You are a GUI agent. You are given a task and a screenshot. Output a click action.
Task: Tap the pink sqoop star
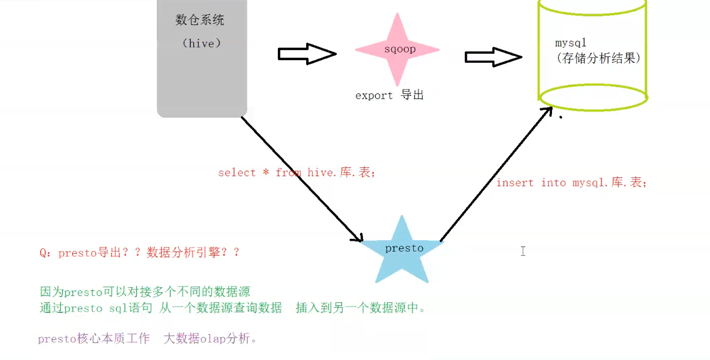(x=397, y=50)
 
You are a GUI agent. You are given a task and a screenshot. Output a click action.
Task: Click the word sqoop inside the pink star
(x=400, y=49)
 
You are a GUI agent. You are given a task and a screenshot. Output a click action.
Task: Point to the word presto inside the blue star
(x=404, y=248)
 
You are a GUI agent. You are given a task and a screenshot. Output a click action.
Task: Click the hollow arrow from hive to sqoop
(x=307, y=55)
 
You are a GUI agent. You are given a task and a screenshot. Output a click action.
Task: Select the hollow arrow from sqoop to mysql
(x=493, y=57)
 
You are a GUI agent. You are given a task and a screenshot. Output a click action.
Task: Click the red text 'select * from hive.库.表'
(x=297, y=172)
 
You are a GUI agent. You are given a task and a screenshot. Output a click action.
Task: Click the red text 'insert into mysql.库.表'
(x=571, y=183)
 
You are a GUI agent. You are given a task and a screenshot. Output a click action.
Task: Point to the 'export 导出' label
(x=389, y=95)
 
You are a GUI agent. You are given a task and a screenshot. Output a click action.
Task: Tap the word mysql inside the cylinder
(x=570, y=43)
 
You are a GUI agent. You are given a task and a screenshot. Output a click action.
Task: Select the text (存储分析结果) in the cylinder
(x=597, y=58)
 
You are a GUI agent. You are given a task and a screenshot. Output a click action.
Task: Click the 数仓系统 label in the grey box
(x=199, y=20)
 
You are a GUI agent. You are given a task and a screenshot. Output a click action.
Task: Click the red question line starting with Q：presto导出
(x=139, y=253)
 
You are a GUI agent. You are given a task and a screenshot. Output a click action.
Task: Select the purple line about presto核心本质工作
(x=147, y=339)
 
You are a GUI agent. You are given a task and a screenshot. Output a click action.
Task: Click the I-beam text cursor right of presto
(x=522, y=251)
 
